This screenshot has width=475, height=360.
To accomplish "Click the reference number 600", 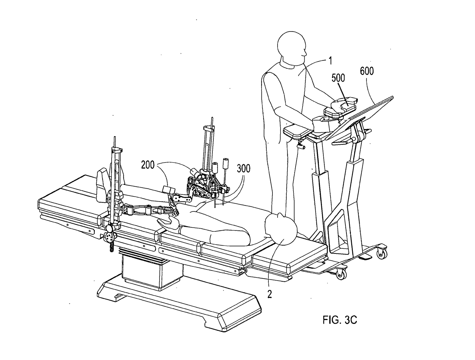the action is (x=367, y=71).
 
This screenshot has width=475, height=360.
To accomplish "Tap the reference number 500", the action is (x=338, y=78).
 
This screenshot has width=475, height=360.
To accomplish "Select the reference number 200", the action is (x=148, y=165).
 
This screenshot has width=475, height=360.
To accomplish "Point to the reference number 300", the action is (x=244, y=169).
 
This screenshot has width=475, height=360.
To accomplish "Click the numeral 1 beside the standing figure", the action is (x=330, y=61).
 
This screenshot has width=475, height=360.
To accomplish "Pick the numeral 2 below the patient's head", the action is (x=269, y=294).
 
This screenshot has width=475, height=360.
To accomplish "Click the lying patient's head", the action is (x=281, y=229).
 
